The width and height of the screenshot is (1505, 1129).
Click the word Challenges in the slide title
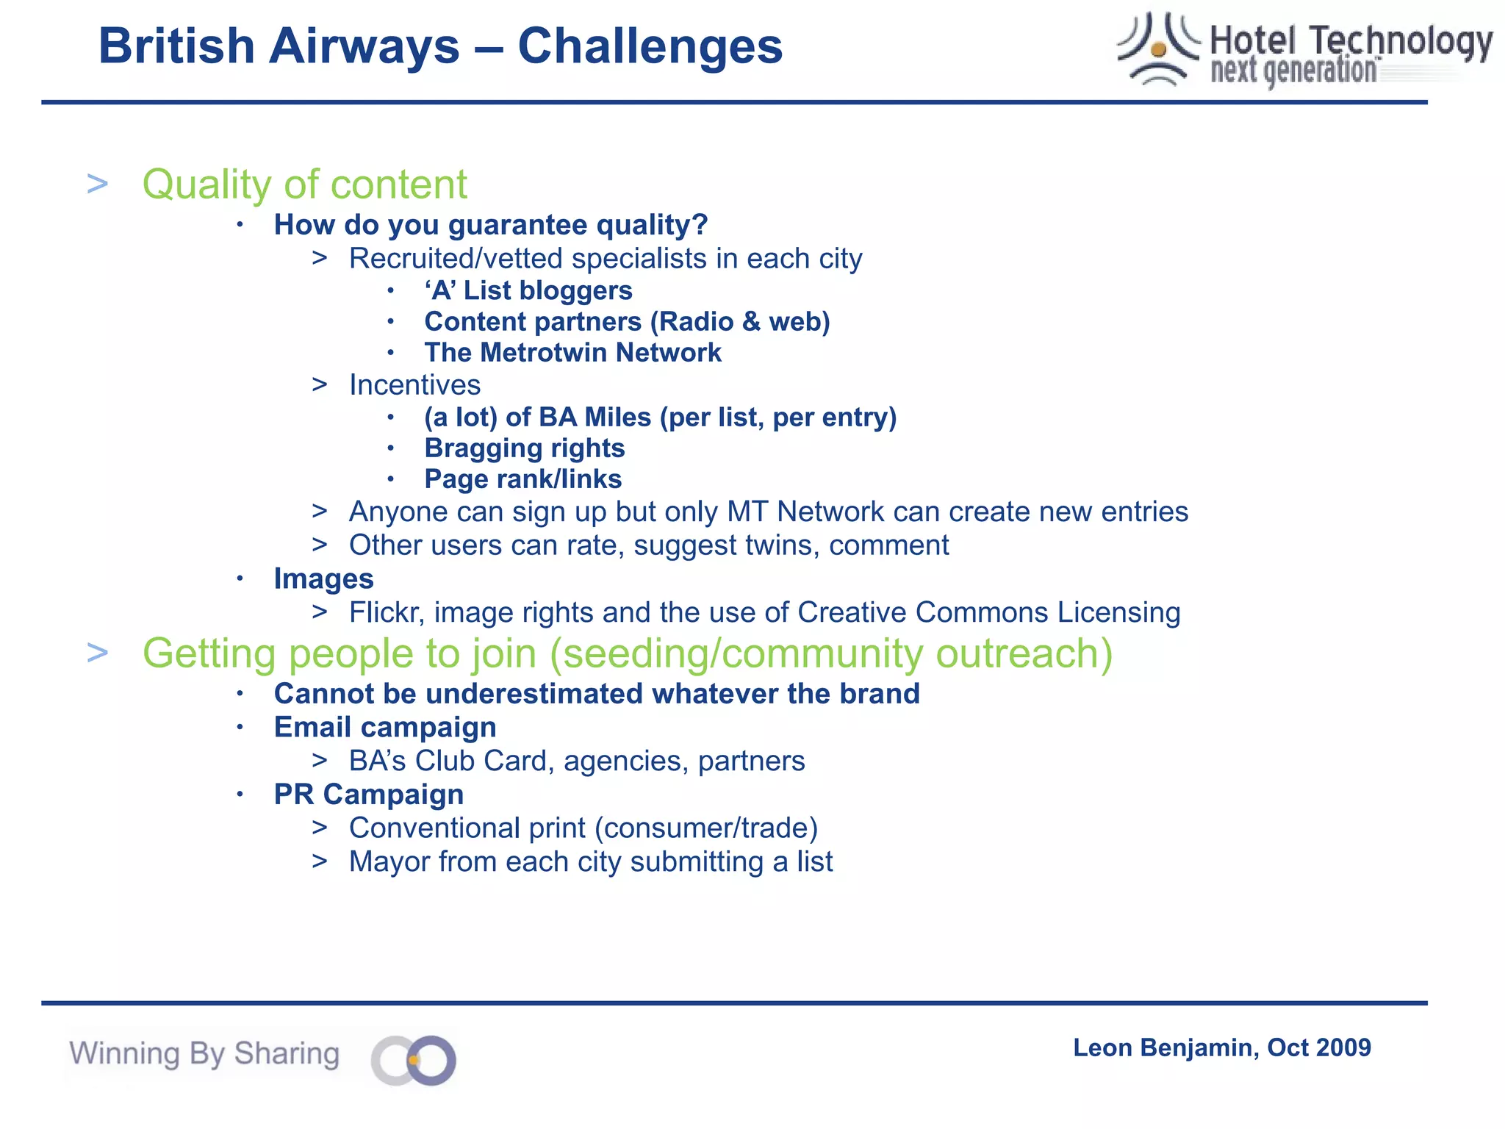tap(650, 46)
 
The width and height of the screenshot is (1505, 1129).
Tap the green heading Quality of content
tap(304, 184)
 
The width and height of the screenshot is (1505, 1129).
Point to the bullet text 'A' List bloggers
tap(528, 290)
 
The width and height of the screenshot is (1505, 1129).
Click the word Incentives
tap(414, 385)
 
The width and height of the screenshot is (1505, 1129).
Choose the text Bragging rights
tap(525, 448)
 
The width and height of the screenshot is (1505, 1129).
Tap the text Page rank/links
tap(523, 479)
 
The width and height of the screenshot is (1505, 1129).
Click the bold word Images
tap(323, 578)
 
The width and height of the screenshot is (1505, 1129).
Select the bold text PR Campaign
tap(369, 795)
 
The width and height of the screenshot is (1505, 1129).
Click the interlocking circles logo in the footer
tap(414, 1060)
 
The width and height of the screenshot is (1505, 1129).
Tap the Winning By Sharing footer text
tap(204, 1053)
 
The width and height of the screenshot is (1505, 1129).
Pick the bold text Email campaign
tap(385, 728)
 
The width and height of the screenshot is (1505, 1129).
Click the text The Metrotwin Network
tap(572, 353)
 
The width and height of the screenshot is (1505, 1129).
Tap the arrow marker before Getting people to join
tap(98, 653)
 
